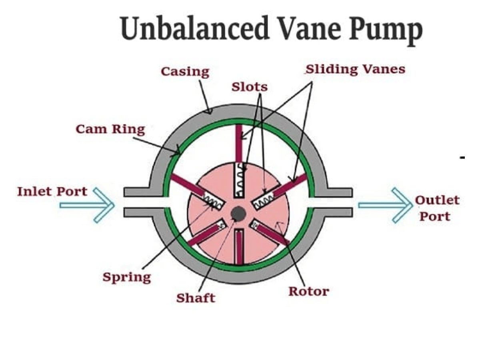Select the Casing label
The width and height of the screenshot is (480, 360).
tap(185, 72)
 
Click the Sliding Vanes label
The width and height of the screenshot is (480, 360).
tap(355, 69)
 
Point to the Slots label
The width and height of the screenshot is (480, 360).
tap(249, 86)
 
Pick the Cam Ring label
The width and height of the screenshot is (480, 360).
tap(110, 130)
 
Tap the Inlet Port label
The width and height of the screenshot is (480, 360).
tap(52, 191)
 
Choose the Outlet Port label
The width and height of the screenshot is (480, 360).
tap(437, 208)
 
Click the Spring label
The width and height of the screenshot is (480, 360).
tap(127, 277)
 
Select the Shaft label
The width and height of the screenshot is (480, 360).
tap(196, 298)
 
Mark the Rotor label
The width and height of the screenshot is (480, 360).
tap(308, 291)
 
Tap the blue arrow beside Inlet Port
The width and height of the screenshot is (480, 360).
tap(87, 205)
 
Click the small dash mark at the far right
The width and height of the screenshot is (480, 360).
tap(462, 158)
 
